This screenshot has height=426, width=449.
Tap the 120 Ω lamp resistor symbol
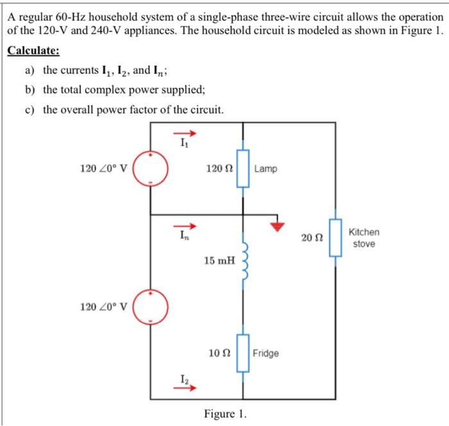click(242, 168)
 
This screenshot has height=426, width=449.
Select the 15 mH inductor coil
click(244, 260)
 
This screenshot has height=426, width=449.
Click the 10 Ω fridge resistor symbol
click(242, 352)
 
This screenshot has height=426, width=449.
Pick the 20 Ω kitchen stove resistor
click(334, 238)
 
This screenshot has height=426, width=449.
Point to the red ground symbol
click(278, 224)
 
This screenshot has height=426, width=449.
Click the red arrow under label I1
click(184, 134)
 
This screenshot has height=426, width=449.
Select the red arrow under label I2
click(184, 387)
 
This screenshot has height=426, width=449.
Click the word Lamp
click(266, 169)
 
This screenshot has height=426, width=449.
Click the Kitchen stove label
click(364, 238)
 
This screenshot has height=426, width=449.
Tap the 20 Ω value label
click(311, 238)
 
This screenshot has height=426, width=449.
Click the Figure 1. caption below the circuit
click(224, 414)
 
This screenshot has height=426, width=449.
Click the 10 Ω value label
click(219, 353)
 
